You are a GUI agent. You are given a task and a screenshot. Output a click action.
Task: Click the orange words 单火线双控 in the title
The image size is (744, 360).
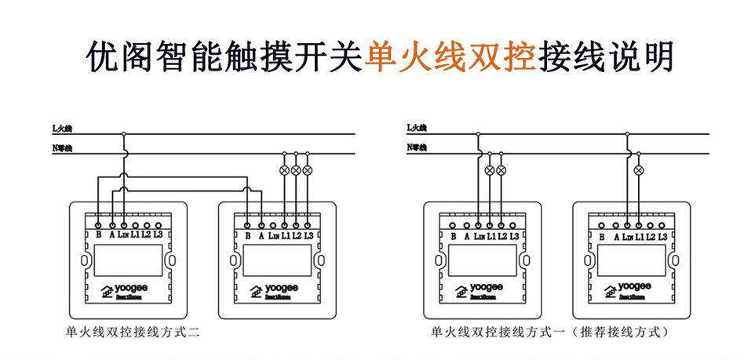click(x=450, y=57)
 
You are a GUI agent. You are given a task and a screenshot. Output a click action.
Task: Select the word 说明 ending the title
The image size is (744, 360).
click(x=642, y=57)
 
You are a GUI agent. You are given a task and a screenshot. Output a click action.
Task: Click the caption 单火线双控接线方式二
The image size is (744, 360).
click(x=133, y=333)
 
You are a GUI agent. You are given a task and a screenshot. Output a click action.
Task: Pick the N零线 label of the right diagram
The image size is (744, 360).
click(x=417, y=147)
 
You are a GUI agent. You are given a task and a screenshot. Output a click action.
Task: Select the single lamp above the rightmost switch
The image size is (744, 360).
click(x=639, y=169)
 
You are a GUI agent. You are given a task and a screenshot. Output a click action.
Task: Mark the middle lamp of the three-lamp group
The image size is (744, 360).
click(x=296, y=169)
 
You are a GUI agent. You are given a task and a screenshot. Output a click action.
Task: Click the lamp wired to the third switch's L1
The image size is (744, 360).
click(x=491, y=169)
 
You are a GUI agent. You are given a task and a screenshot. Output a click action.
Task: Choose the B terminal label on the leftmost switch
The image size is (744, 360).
click(x=98, y=235)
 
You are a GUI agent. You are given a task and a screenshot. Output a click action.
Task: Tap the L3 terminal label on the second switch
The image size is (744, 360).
click(x=308, y=235)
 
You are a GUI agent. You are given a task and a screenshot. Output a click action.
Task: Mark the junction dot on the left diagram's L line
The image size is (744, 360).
click(x=124, y=133)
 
